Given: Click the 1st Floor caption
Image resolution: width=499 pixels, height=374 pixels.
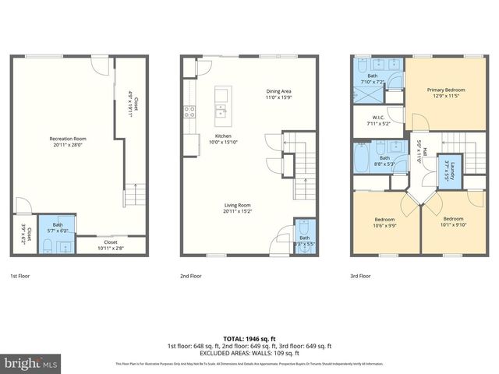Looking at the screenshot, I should (21, 275).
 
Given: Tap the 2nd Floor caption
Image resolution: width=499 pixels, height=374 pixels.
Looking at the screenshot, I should (191, 275).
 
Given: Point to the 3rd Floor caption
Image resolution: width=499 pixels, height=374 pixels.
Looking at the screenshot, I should (361, 275).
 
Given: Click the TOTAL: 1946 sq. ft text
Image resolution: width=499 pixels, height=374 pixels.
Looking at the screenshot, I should (249, 337).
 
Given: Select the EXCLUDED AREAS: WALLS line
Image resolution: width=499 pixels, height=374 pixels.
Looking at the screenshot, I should (249, 353).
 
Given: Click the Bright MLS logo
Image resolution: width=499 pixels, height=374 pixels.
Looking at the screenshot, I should (31, 363).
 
